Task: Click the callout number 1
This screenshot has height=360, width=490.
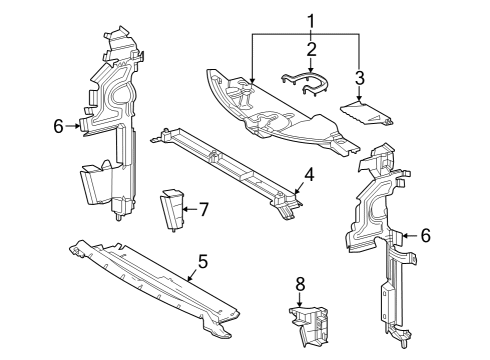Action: pos(310,19)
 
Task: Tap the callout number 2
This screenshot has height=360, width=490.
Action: pos(311,48)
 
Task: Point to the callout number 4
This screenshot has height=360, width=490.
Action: pos(309,174)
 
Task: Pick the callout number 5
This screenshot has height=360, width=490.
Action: pos(202,261)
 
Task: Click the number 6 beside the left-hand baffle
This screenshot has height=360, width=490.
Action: pos(59,126)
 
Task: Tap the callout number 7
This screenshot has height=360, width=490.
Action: pos(203,209)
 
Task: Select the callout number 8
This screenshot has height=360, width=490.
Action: pos(299,284)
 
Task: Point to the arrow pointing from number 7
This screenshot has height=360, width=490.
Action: pos(187,209)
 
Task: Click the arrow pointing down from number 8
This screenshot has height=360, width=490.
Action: pos(299,301)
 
